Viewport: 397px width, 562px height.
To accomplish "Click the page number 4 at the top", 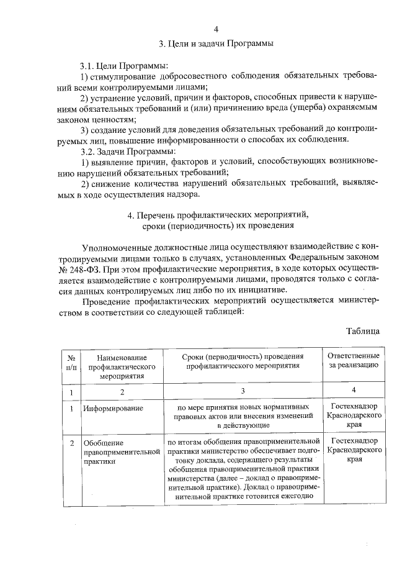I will tap(216, 29).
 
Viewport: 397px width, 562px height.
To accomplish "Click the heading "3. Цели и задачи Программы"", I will tap(216, 43).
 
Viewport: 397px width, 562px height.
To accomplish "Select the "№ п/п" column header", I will tap(72, 363).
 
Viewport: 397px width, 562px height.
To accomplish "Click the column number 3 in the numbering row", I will tap(243, 391).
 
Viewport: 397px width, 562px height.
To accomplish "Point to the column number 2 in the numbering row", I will tap(122, 392).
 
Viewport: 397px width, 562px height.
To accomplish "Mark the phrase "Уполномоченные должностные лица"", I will tap(146, 246).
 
